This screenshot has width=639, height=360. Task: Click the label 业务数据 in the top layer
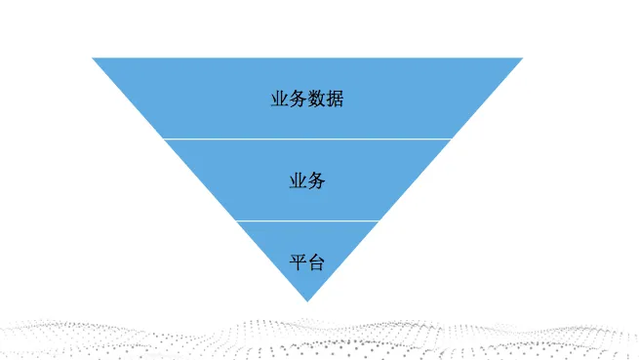point(307,99)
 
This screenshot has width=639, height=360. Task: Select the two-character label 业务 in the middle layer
point(307,180)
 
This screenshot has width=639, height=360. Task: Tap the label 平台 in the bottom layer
point(307,262)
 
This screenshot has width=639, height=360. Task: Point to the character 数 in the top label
point(316,99)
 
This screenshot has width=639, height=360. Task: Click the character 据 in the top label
point(335,99)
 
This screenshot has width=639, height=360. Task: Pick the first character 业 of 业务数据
point(280,99)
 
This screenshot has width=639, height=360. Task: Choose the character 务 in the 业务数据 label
point(299,99)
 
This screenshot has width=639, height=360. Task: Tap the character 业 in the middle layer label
point(299,180)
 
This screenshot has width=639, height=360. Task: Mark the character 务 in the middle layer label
point(316,180)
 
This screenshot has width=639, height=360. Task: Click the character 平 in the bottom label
point(299,262)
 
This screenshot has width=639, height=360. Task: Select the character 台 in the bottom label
point(316,262)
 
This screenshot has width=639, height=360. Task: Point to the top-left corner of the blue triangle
point(94,59)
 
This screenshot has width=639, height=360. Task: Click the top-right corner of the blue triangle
point(522,59)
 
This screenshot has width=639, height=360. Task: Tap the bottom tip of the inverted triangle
point(307,300)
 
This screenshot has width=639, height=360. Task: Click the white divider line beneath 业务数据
point(307,139)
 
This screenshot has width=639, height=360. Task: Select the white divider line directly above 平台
point(307,220)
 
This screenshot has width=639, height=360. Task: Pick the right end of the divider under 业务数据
point(451,139)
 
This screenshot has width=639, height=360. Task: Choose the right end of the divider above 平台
point(379,220)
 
